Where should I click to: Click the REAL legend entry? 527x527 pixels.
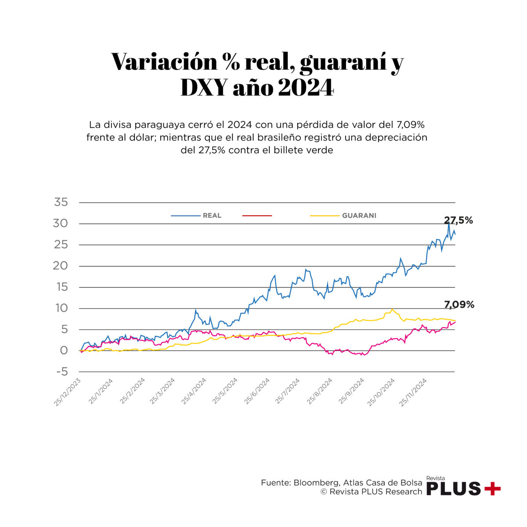click(x=212, y=216)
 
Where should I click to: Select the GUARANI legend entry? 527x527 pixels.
click(x=359, y=216)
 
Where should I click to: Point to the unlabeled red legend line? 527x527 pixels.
click(x=257, y=216)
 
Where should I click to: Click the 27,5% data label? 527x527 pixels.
click(x=458, y=220)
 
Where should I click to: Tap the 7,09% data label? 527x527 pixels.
click(x=459, y=304)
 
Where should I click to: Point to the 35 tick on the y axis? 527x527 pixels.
click(x=61, y=202)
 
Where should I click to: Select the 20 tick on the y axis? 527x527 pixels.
click(x=61, y=266)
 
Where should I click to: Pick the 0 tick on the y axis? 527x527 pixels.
click(x=64, y=350)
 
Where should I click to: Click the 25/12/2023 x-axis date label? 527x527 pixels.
click(x=67, y=392)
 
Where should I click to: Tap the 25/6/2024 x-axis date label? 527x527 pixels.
click(x=256, y=392)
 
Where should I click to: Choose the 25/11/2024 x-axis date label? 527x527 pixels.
click(x=413, y=392)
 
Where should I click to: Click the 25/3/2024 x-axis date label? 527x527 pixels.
click(x=162, y=392)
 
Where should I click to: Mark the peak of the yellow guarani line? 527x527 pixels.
click(x=392, y=309)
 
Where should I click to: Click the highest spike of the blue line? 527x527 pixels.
click(x=448, y=224)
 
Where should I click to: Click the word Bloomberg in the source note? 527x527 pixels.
click(x=315, y=483)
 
